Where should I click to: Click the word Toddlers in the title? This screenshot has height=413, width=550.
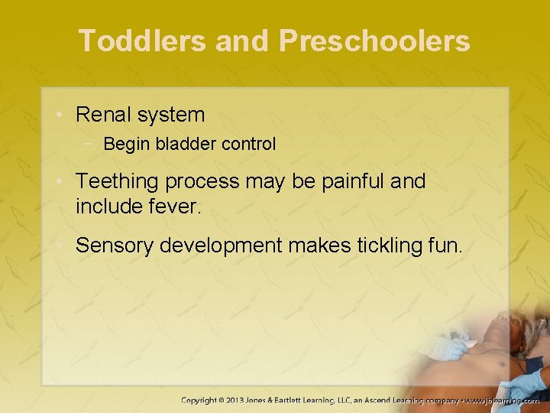(x=142, y=41)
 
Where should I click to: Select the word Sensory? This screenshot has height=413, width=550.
(x=113, y=246)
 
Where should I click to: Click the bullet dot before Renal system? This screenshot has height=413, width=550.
(x=64, y=115)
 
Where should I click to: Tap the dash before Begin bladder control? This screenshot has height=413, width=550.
(x=92, y=144)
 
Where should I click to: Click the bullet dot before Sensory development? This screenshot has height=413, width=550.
(x=64, y=246)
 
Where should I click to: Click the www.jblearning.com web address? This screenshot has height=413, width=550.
(x=502, y=400)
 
